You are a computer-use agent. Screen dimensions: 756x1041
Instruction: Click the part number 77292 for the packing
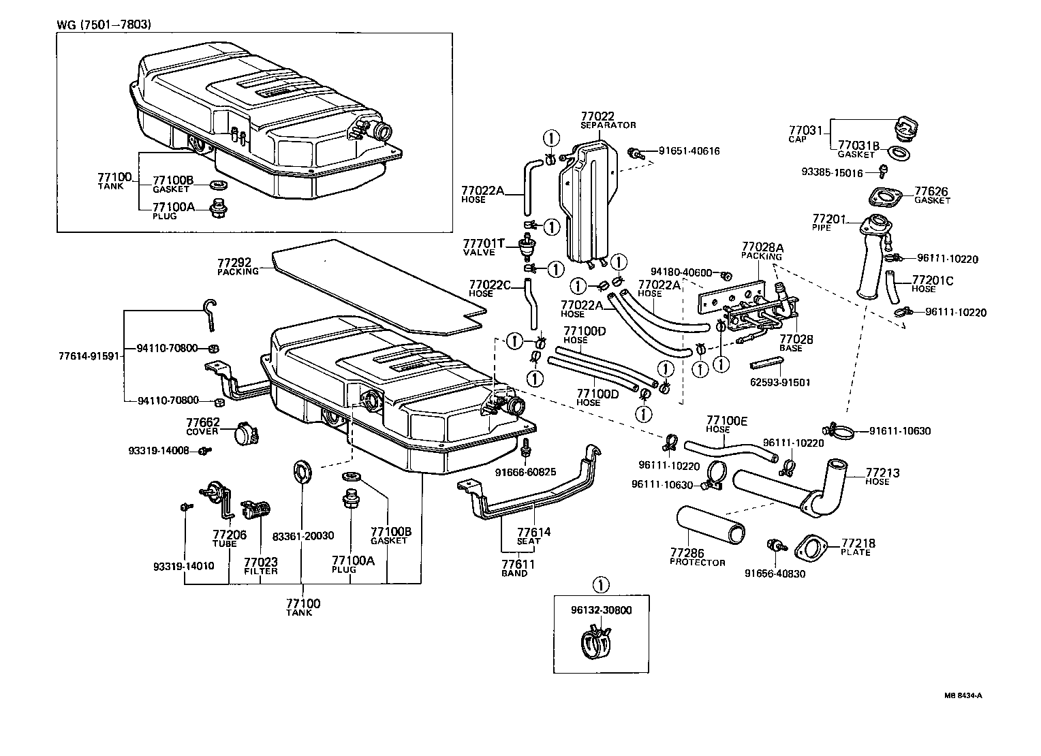point(234,262)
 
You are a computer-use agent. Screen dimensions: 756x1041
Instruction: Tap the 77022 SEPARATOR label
point(608,120)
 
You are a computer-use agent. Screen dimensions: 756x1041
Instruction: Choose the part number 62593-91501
point(781,383)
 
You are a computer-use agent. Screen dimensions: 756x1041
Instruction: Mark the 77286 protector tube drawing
point(711,525)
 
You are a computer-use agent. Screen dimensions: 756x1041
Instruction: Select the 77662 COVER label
point(203,426)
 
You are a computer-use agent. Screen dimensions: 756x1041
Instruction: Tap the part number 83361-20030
point(303,536)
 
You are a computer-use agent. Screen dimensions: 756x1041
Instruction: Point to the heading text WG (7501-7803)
point(104,25)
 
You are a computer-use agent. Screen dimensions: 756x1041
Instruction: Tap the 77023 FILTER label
point(261,566)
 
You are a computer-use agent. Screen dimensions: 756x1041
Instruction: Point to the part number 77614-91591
point(89,356)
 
